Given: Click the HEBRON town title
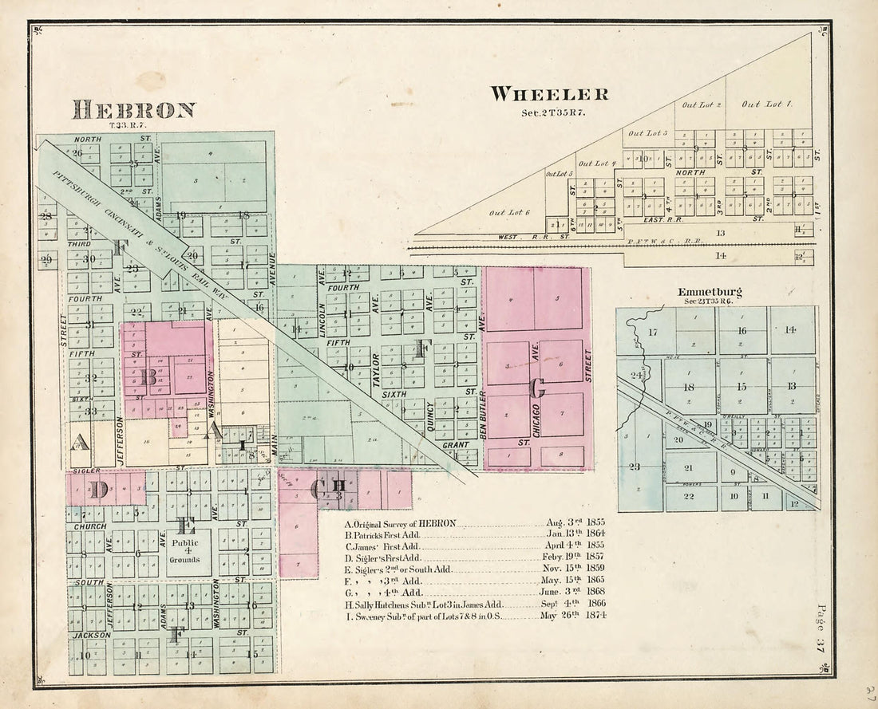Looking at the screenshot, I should point(133,109).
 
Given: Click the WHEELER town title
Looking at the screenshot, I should point(549,94).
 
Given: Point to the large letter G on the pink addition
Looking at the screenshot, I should point(536,388).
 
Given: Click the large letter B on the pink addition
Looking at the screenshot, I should point(148,376).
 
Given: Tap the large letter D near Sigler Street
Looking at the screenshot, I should point(97,489).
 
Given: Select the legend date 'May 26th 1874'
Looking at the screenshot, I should point(572,615).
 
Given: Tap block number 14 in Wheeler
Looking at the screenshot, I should point(722,256).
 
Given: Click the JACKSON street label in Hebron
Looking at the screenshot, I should point(91,636).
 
